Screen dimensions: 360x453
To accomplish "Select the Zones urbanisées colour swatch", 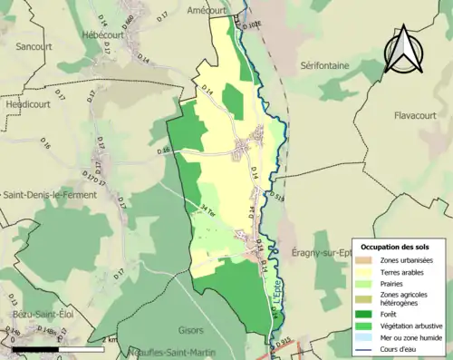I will point(365,260).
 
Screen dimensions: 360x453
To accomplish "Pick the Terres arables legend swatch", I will point(365,272).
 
